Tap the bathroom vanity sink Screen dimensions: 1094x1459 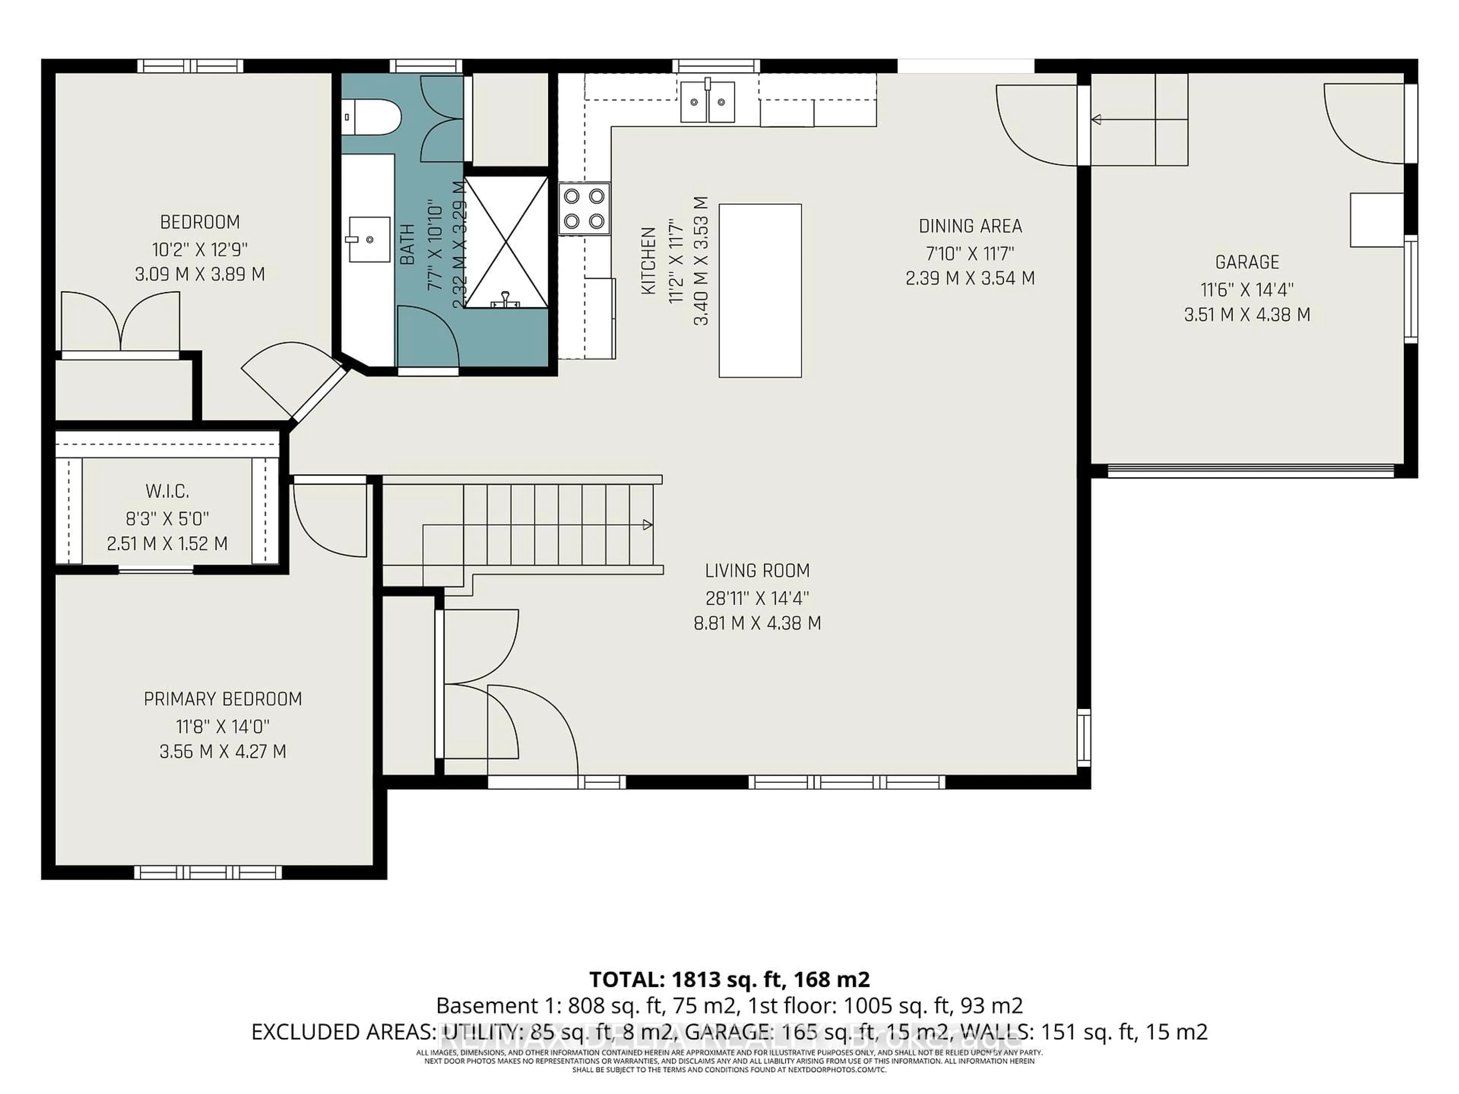(369, 239)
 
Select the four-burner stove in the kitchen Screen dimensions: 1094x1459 (584, 209)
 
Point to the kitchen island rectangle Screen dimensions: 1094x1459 (760, 291)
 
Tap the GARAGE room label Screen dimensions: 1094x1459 (1247, 262)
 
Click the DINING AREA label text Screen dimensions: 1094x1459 (970, 226)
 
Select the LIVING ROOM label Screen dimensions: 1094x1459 (757, 571)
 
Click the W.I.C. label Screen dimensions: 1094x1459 (168, 491)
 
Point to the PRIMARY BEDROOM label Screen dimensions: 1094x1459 (223, 699)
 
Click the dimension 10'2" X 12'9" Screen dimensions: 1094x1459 (200, 249)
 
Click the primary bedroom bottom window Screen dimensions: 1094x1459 (208, 873)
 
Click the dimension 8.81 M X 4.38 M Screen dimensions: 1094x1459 (757, 623)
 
